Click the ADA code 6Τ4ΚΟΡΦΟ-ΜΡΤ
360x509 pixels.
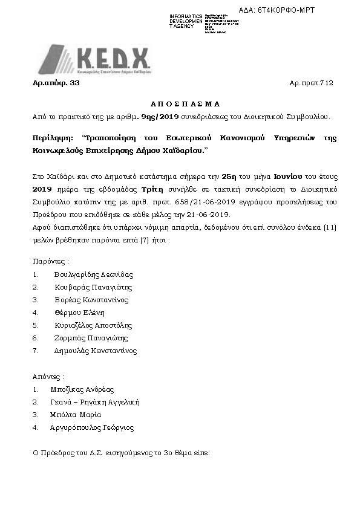pos(286,10)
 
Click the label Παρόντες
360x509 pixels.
pos(50,262)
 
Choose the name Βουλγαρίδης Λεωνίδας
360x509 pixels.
pos(93,274)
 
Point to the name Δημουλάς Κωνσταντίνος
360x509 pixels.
pos(96,351)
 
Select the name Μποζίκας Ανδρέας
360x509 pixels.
pos(82,389)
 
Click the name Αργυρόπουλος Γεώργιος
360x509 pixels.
pos(93,427)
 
